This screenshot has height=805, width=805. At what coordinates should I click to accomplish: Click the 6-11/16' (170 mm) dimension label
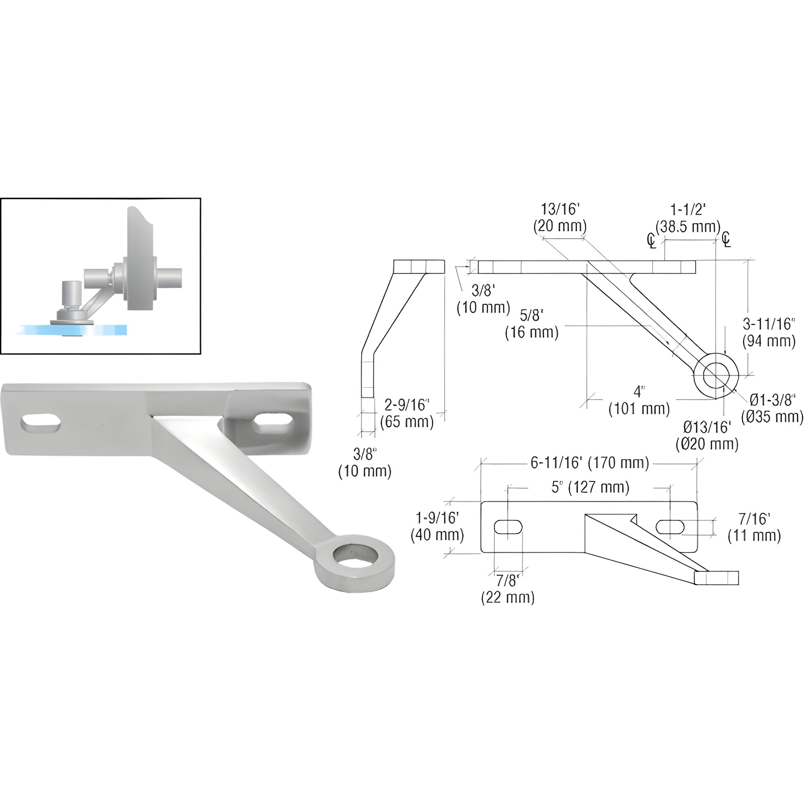point(589,463)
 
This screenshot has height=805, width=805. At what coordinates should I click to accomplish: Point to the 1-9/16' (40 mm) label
point(437,527)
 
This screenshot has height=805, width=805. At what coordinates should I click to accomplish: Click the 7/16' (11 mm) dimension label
point(754,527)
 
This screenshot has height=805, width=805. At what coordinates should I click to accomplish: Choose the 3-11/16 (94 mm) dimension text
point(769,332)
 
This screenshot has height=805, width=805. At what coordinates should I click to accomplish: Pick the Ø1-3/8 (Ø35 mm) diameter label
point(772,408)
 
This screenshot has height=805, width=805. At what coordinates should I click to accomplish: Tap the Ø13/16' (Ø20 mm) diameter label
point(707,436)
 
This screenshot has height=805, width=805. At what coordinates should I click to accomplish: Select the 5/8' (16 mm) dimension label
point(532,324)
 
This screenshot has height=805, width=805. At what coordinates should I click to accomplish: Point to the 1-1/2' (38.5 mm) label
point(688,218)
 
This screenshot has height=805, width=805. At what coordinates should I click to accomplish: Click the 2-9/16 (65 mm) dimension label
point(407,413)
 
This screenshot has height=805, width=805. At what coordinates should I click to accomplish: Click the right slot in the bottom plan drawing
point(670,527)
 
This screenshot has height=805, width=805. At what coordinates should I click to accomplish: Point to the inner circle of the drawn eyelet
point(715,375)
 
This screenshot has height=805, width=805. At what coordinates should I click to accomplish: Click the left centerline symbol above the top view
point(651,240)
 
